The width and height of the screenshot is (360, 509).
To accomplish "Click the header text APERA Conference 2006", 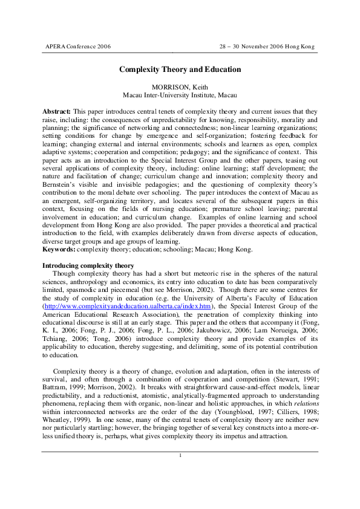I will coord(78,47).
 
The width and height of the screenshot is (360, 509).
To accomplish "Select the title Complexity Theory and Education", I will coord(180,70).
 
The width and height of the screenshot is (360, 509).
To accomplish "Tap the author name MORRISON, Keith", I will coord(180,88).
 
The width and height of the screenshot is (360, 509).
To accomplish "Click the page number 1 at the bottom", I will coord(180,455).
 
